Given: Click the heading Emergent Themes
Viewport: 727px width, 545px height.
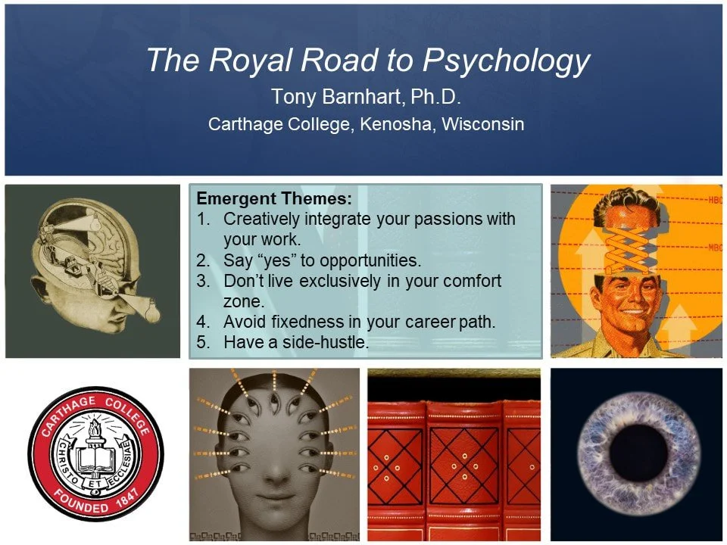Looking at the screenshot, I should [x=274, y=200].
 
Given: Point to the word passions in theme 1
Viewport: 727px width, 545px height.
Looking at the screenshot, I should [x=452, y=220].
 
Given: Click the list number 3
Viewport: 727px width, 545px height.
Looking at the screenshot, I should [x=204, y=281].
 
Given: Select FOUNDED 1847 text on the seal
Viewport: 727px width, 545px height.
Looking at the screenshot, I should [x=95, y=503].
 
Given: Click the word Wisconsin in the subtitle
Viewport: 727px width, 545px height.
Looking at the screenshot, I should [x=482, y=123].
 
